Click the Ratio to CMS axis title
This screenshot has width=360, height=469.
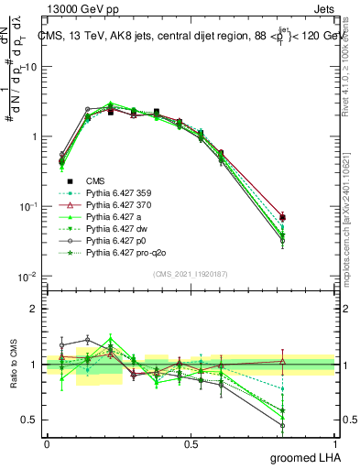[12, 365]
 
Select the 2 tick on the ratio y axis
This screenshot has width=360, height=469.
[35, 309]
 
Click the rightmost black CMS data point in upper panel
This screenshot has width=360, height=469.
[308, 217]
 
